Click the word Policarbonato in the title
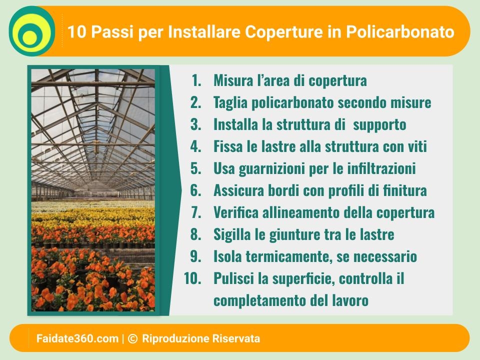pos(400,32)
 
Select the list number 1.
pos(196,80)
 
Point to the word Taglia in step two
pos(230,102)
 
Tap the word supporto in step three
pos(379,125)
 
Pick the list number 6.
pos(196,190)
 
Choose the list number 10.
pos(192,278)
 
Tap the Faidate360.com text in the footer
pos(77,338)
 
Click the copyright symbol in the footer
pos(132,338)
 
